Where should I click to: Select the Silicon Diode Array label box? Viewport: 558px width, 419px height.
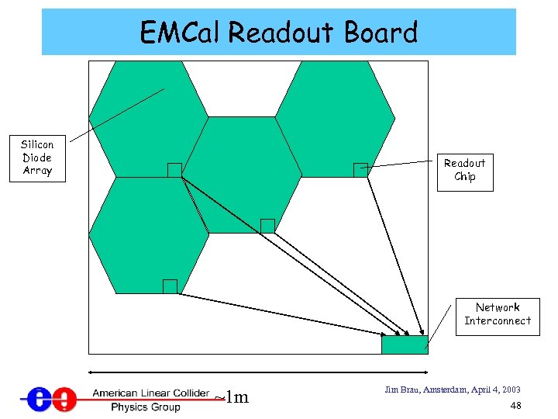37,158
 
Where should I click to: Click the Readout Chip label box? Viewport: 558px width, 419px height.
464,169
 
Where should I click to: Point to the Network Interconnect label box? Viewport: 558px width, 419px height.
498,314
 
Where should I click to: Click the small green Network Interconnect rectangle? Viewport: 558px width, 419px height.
404,345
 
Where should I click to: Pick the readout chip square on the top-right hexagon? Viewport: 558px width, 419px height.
360,170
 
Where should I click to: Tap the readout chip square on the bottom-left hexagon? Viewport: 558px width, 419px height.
170,286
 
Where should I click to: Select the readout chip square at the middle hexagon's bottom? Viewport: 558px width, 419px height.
267,226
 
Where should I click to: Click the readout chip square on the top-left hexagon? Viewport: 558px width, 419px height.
174,170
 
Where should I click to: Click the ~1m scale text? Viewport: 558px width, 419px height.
232,398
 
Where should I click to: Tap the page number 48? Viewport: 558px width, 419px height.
515,406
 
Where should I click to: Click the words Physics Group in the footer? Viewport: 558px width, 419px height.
145,406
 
